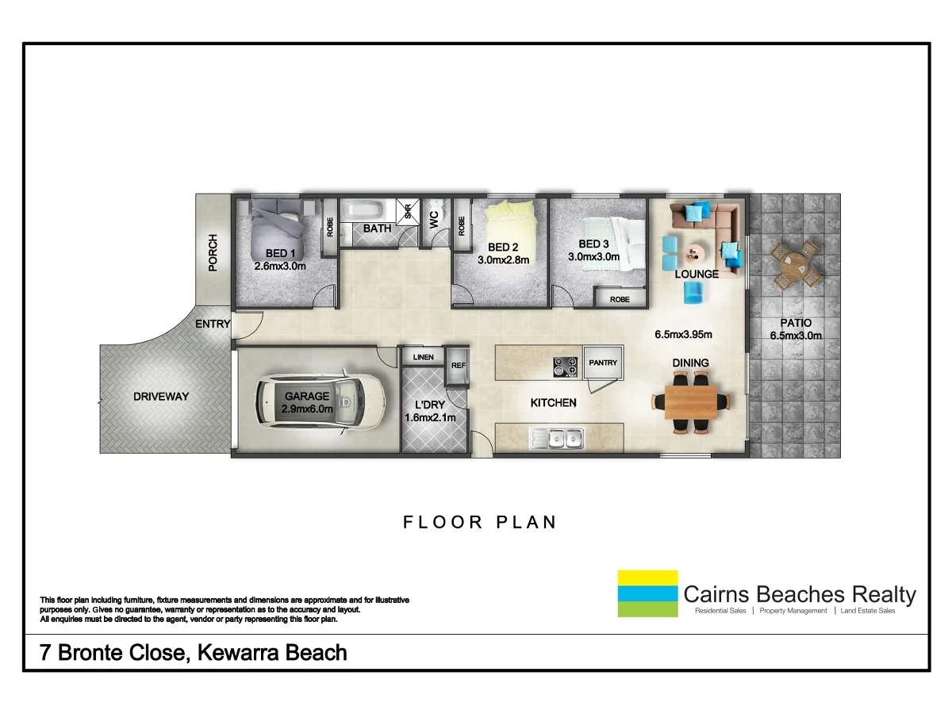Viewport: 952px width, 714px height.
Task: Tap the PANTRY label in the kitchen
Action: (603, 363)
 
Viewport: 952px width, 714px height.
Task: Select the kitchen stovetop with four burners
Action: (565, 366)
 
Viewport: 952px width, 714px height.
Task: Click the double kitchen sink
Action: (559, 436)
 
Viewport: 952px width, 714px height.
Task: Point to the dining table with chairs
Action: (689, 402)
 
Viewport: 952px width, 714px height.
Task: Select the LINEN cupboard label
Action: (423, 357)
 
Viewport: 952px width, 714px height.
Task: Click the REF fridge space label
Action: (458, 366)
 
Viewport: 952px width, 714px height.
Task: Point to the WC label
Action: (435, 219)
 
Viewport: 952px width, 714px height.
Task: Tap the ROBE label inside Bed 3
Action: (620, 299)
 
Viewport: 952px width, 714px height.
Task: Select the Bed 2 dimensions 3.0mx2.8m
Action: (503, 259)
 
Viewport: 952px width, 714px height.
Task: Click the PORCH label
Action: (213, 253)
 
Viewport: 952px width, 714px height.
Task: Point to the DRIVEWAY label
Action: (161, 396)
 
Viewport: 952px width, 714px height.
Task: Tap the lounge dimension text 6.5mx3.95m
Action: (683, 335)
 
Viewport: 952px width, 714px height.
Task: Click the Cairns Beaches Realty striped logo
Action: (647, 593)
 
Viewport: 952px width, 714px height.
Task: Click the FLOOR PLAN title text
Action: (480, 522)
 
